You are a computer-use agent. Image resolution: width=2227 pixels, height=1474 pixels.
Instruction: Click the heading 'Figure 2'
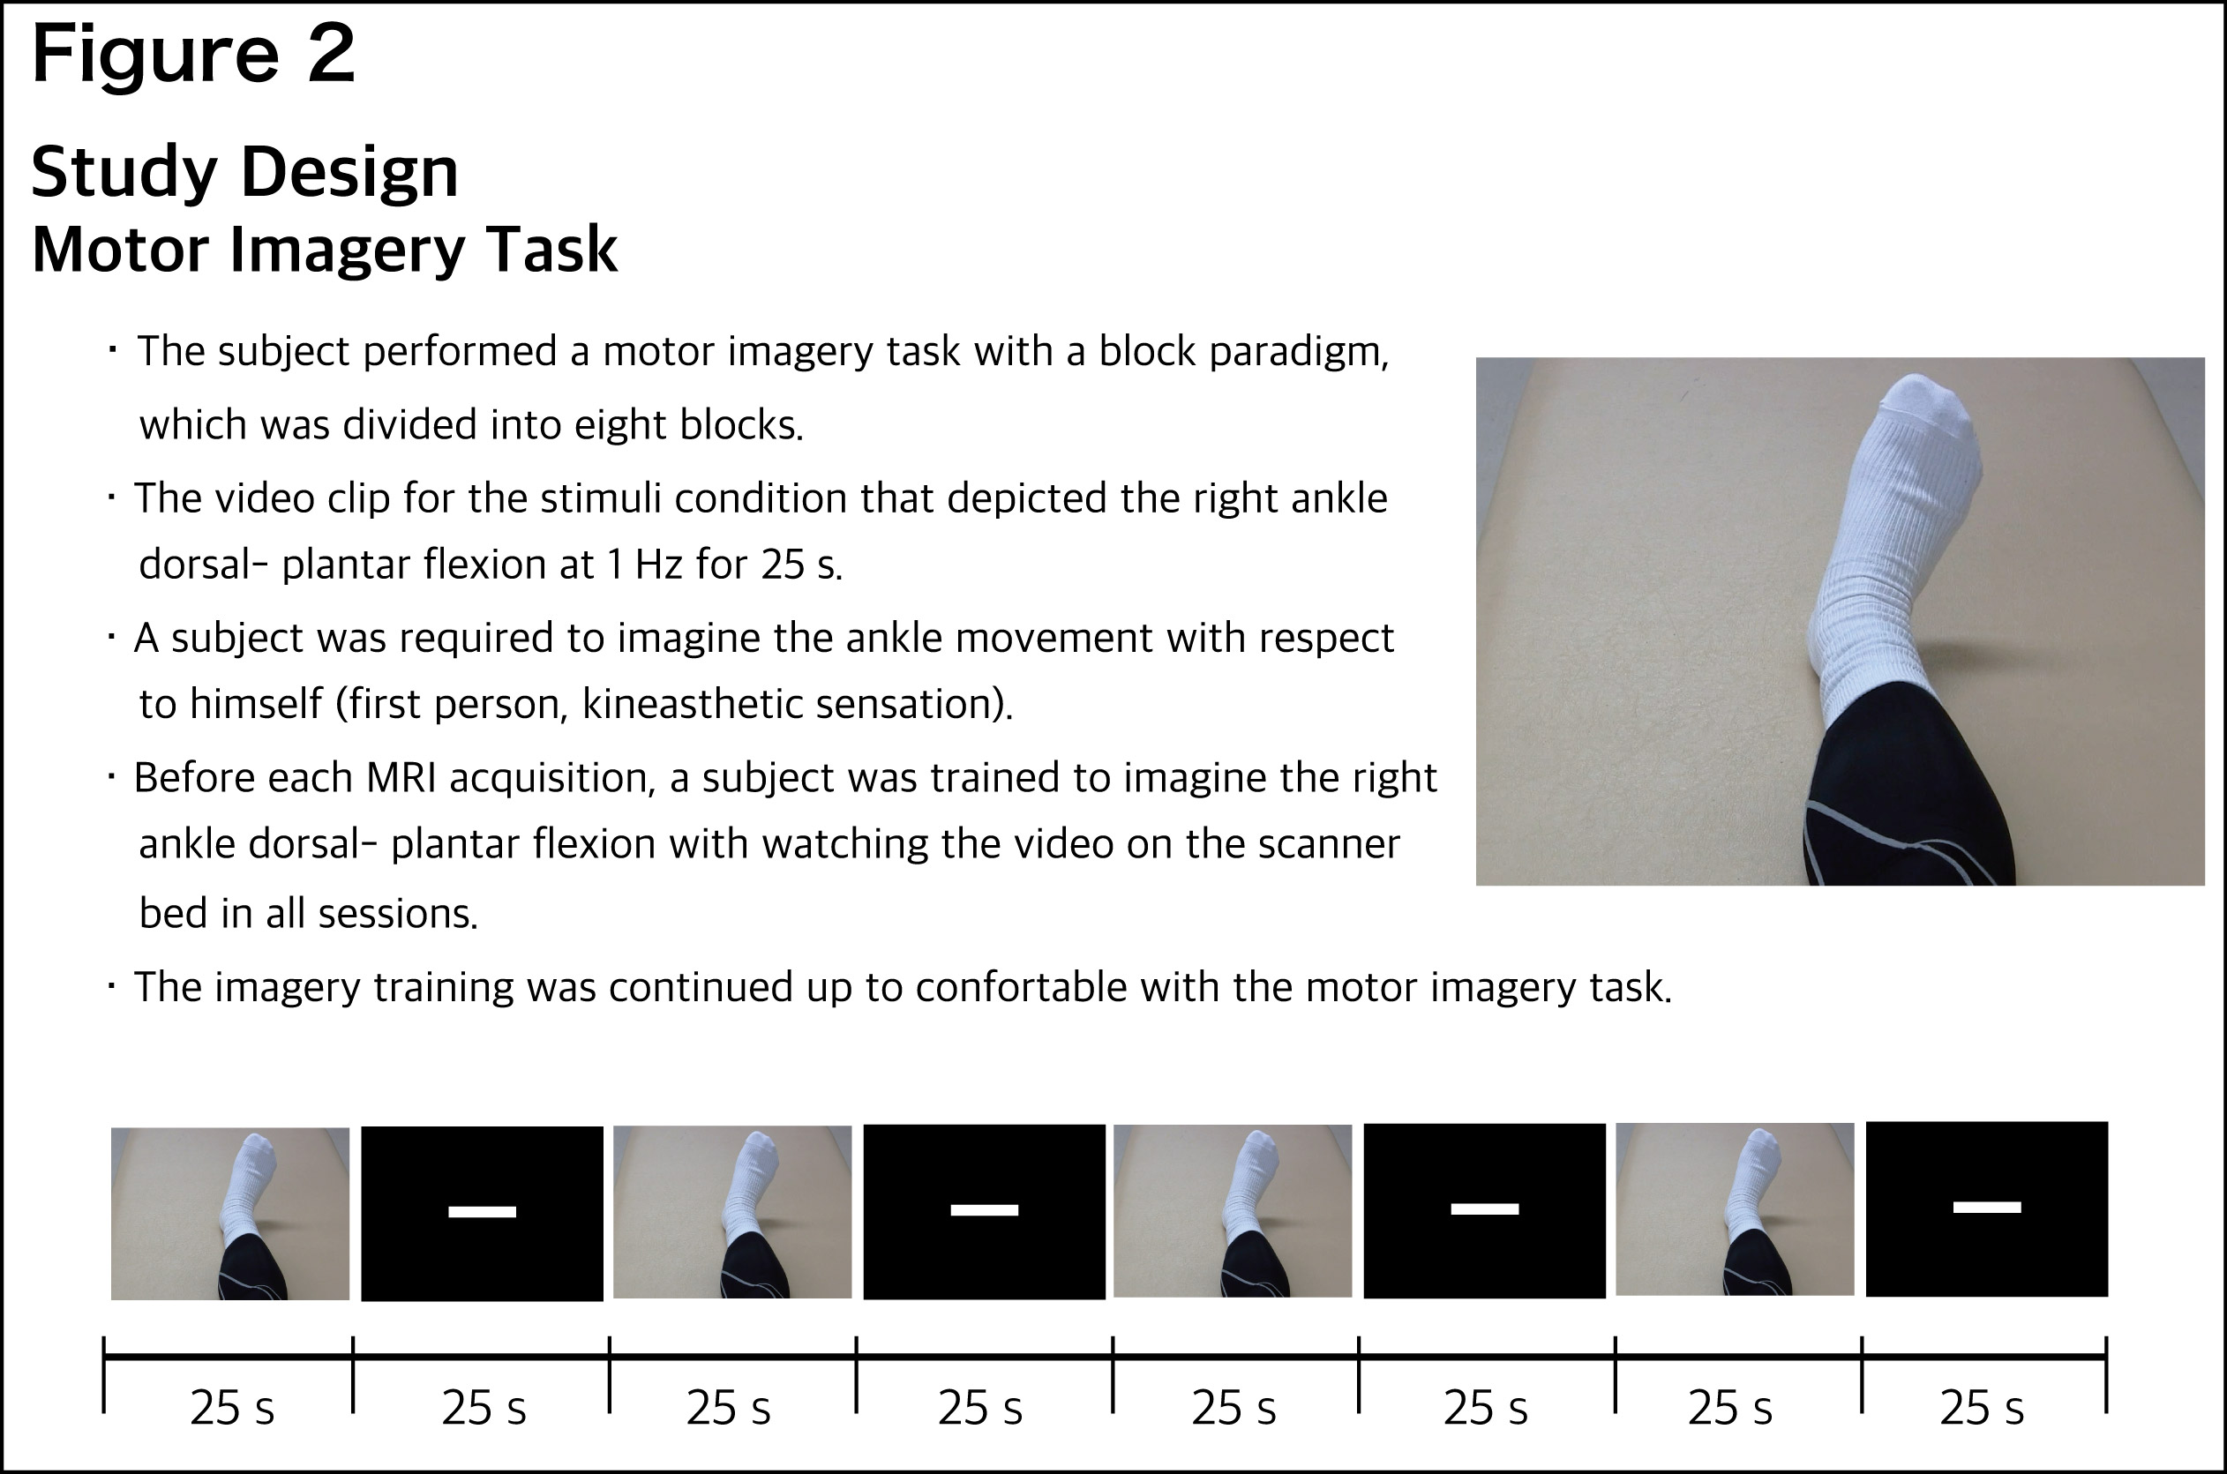[x=193, y=55]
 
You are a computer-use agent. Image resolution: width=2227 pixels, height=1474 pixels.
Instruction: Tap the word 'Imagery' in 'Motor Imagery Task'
[x=348, y=251]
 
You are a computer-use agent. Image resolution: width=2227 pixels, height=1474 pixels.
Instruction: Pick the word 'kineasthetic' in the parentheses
[x=692, y=703]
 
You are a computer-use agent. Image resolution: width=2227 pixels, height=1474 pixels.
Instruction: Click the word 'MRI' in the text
[x=401, y=778]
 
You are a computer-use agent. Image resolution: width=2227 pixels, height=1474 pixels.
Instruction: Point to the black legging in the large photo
[x=1908, y=799]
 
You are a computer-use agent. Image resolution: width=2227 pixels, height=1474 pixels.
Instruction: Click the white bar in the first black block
[x=483, y=1212]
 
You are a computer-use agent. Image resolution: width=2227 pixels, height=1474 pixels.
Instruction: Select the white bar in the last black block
[x=1987, y=1207]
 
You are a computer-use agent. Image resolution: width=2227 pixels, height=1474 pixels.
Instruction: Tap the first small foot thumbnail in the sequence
[x=230, y=1214]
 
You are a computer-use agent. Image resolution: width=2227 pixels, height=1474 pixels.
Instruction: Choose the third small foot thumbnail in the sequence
[x=1233, y=1211]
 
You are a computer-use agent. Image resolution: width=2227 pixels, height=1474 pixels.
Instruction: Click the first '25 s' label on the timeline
[x=232, y=1408]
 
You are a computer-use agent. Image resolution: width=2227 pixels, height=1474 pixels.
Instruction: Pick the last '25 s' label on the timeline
[x=1982, y=1408]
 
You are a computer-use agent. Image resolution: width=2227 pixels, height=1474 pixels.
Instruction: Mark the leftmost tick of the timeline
[x=104, y=1374]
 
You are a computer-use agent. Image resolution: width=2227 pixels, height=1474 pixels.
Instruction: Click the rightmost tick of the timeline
[x=2107, y=1374]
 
